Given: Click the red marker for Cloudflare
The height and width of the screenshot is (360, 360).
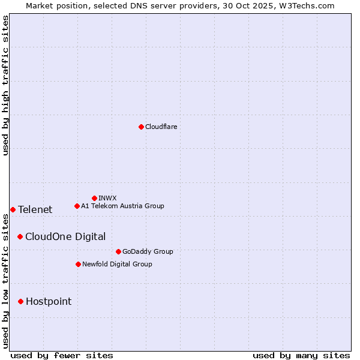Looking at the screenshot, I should (x=141, y=127).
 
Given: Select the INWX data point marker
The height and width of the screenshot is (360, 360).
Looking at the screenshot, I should (x=94, y=198).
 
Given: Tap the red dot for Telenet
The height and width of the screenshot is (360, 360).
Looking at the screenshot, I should (x=13, y=209).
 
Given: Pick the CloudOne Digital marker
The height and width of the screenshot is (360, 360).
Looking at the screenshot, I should (x=20, y=236).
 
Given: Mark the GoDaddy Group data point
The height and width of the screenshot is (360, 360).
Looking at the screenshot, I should (x=118, y=251).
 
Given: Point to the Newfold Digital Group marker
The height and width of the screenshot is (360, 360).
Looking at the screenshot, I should (x=78, y=264).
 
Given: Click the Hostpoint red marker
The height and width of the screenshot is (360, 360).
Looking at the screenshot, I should (x=20, y=301).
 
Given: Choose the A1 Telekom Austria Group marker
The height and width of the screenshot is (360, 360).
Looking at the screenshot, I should (x=77, y=206).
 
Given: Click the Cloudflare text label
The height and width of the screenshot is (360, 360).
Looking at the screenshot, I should (x=161, y=127).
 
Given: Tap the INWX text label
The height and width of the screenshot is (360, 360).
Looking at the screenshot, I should (x=107, y=198).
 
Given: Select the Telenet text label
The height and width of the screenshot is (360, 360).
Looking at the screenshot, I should (x=35, y=209).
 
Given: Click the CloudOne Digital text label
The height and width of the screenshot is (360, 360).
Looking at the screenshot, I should (x=65, y=236).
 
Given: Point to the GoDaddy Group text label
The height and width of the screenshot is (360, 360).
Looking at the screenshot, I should (x=148, y=251).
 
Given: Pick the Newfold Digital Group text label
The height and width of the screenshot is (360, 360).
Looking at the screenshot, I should (x=117, y=264).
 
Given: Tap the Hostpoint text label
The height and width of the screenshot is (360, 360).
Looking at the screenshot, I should (x=49, y=301).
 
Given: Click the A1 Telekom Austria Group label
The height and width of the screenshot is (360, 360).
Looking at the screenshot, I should (x=122, y=206).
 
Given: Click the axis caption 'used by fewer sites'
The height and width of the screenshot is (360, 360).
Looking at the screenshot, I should (x=62, y=355).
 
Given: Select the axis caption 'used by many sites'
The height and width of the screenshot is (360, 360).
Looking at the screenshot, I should (x=301, y=355).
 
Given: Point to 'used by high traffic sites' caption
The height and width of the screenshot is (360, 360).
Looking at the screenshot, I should (x=6, y=85).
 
